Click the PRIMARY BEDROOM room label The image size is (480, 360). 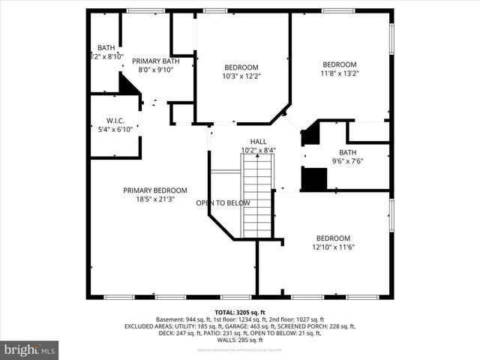[x=155, y=190]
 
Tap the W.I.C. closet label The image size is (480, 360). [x=115, y=120]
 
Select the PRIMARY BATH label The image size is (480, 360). [x=155, y=61]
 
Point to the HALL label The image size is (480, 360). [x=258, y=141]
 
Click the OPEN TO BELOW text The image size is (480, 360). [x=222, y=203]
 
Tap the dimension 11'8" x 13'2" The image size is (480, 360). [x=340, y=73]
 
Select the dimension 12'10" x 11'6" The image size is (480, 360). [x=333, y=247]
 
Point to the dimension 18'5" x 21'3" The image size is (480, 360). [x=155, y=199]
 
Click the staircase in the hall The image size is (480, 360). [x=256, y=199]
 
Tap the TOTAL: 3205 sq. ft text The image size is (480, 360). [x=240, y=312]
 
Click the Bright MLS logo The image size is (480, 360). [x=30, y=349]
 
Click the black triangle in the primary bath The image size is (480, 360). [x=128, y=85]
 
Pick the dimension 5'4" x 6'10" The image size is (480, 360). [x=115, y=129]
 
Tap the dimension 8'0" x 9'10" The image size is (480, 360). [x=155, y=70]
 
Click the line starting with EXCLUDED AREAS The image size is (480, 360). [x=240, y=326]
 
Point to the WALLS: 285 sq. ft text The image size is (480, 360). [x=240, y=340]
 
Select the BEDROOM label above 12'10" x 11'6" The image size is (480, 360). [x=333, y=238]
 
